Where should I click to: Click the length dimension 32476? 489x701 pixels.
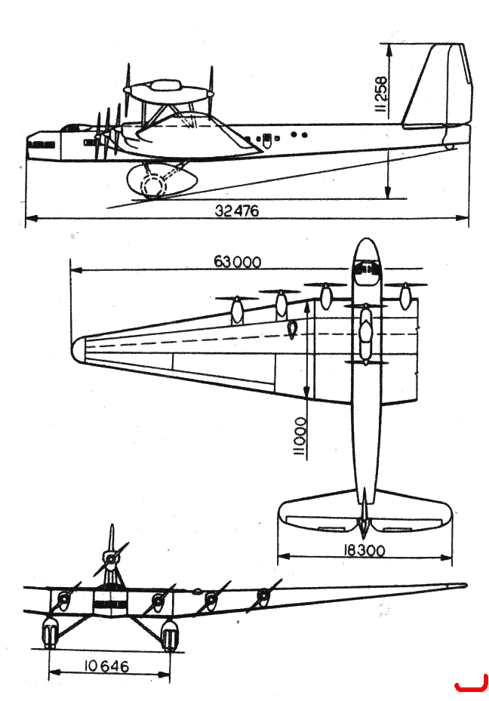point(236,210)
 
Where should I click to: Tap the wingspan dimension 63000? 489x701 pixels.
point(237,262)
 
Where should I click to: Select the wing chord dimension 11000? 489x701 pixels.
point(300,438)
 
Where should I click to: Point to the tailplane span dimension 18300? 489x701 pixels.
point(364,550)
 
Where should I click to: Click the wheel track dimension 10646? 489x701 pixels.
point(106,666)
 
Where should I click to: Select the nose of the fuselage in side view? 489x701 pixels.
point(43,146)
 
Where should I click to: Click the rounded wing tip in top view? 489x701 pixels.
point(78,349)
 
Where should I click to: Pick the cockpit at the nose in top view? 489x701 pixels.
point(368,269)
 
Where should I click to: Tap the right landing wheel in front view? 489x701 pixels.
point(170,635)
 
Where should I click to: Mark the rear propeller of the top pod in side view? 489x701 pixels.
point(210,89)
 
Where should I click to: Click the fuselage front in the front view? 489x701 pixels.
point(109,604)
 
